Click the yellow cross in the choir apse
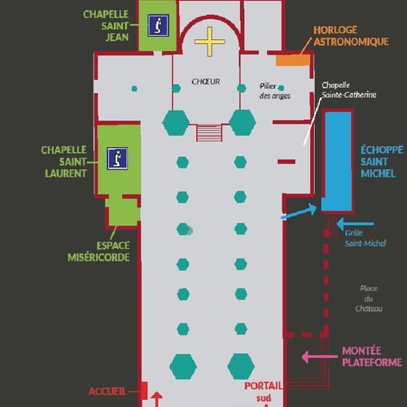[x=209, y=42]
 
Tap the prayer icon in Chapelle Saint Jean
[x=159, y=25]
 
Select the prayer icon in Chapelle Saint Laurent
[x=117, y=159]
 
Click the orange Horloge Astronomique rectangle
[x=293, y=60]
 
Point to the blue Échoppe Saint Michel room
[x=338, y=161]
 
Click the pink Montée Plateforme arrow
[x=320, y=357]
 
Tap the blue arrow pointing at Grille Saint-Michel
[x=355, y=224]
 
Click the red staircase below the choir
[x=209, y=133]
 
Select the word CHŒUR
[x=206, y=81]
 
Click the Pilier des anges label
[x=274, y=91]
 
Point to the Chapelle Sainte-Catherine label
[x=348, y=90]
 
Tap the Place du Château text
[x=369, y=299]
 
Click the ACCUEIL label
[x=107, y=392]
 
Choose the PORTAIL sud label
[x=264, y=392]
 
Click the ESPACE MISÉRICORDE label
[x=98, y=252]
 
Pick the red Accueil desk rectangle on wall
[x=144, y=391]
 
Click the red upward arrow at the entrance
[x=156, y=399]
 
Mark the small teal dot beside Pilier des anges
[x=281, y=88]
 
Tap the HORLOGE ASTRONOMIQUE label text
[x=351, y=36]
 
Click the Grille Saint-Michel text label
[x=365, y=239]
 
